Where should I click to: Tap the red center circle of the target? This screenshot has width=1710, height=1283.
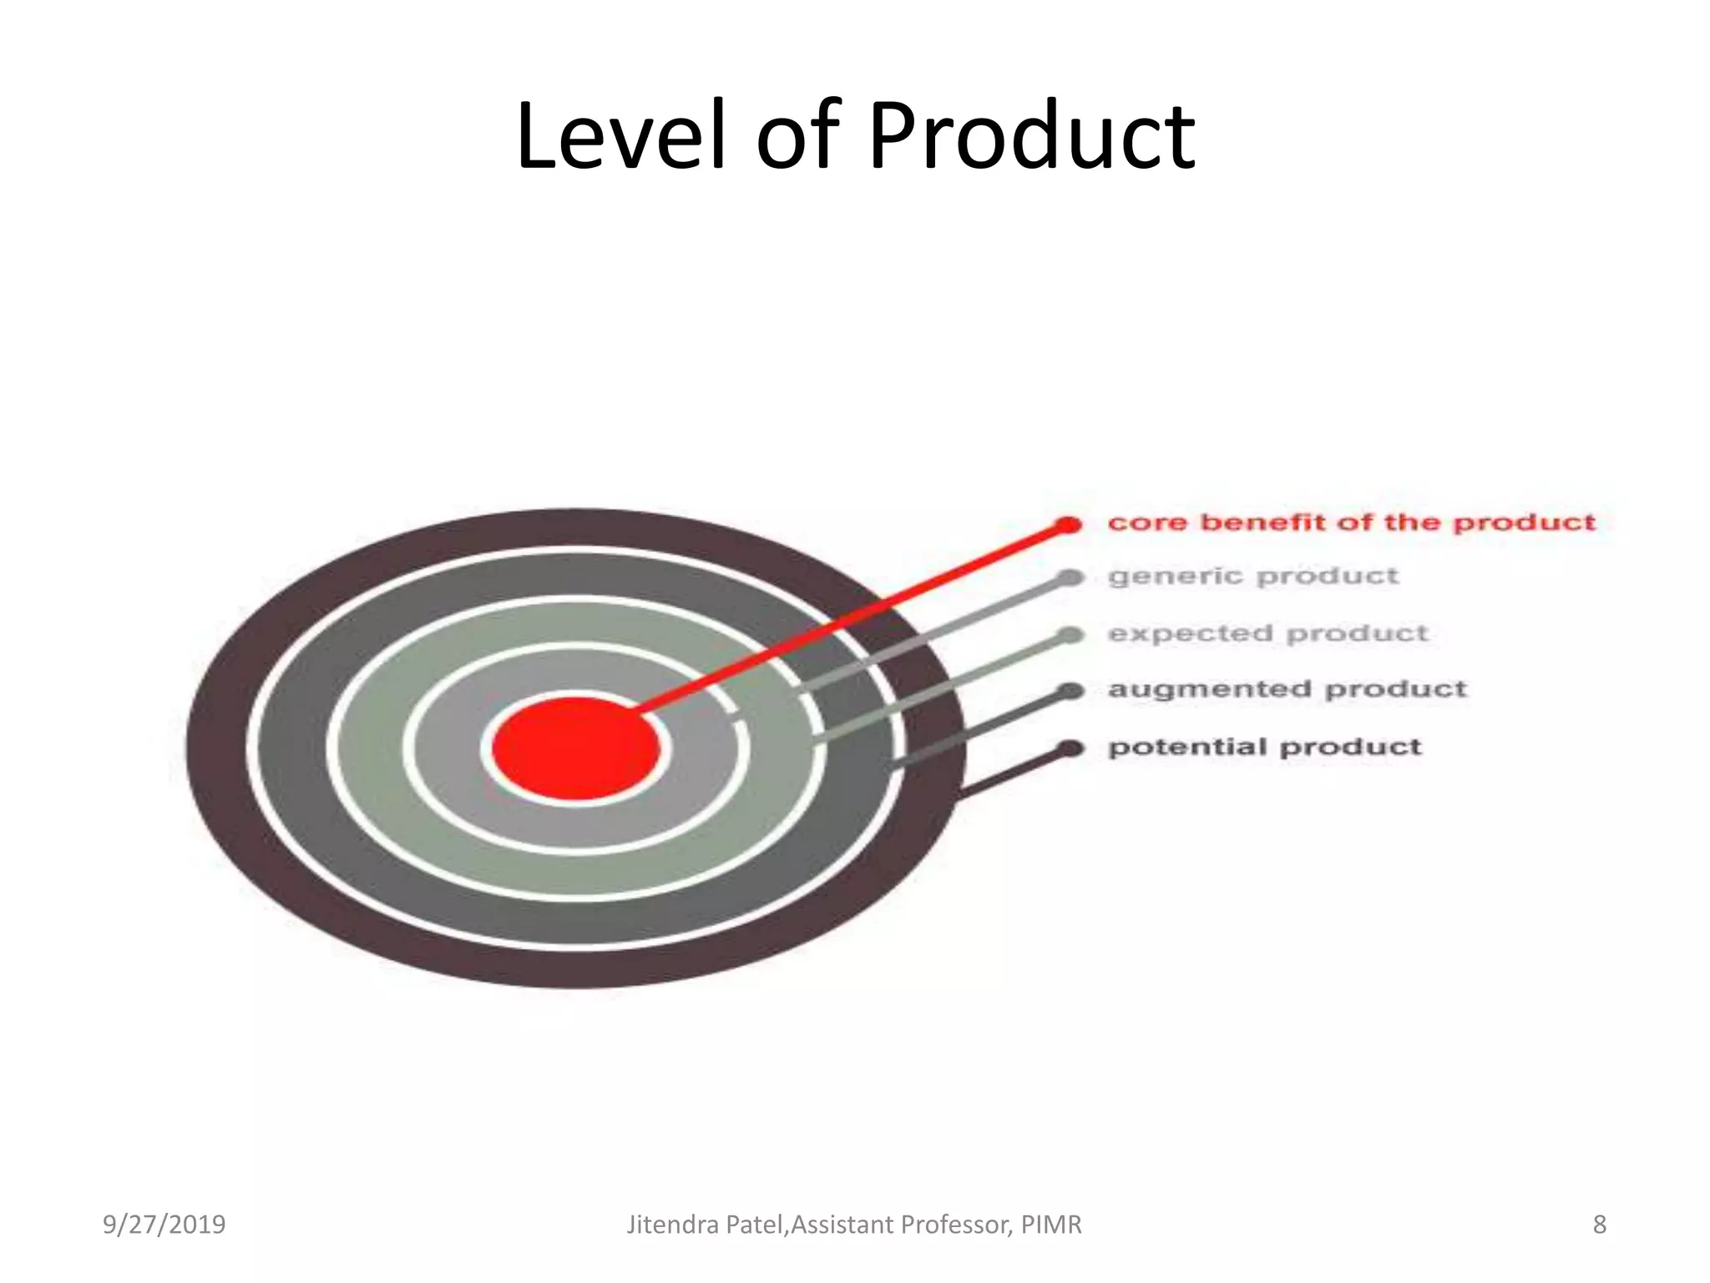576,748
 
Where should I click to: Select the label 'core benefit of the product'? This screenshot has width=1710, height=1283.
1351,523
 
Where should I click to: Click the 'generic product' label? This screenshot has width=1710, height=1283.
1252,576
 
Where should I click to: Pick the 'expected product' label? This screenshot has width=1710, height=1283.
1267,633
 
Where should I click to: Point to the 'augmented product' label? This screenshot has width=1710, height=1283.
1287,689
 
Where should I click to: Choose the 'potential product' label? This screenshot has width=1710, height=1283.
1264,746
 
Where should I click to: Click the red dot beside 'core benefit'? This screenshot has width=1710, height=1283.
1068,525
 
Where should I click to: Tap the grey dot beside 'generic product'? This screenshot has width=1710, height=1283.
1070,577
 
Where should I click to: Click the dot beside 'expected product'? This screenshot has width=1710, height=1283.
1070,635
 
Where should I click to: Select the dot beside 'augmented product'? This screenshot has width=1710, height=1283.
1070,691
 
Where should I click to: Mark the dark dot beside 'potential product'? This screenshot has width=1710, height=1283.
1070,748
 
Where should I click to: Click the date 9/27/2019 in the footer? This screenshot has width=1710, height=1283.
164,1225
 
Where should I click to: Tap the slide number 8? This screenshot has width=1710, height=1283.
1600,1225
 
